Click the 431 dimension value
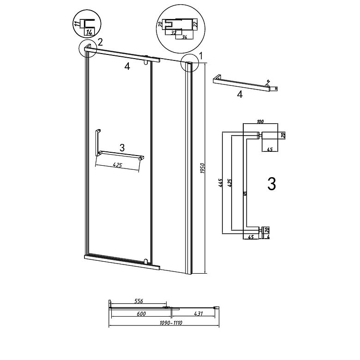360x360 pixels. tap(199, 314)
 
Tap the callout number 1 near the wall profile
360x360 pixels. tap(201, 56)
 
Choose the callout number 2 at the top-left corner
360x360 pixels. tap(100, 42)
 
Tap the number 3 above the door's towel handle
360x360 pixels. tap(122, 148)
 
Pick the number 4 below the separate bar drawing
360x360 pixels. tap(239, 95)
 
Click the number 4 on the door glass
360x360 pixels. tap(127, 66)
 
